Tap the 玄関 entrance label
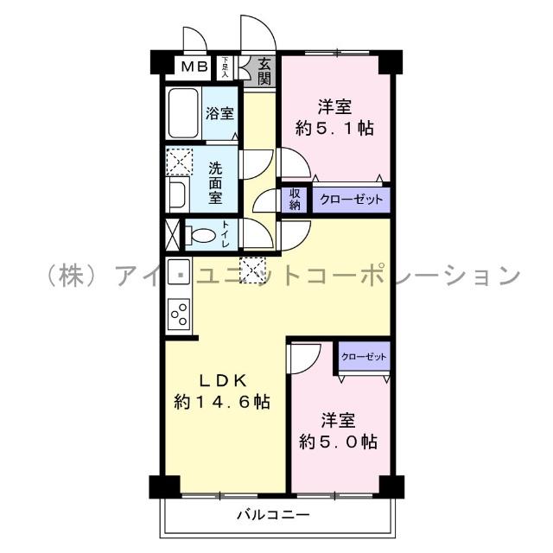(x=262, y=70)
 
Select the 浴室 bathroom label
(x=220, y=113)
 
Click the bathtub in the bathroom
(x=182, y=113)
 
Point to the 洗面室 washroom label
(x=215, y=182)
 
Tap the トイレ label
(x=226, y=234)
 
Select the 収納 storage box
(x=295, y=200)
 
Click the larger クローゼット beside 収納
(x=351, y=200)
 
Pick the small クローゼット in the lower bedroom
(x=364, y=356)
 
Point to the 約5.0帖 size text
(x=339, y=442)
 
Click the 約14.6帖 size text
(x=222, y=402)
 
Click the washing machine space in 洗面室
(x=181, y=162)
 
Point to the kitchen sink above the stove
(x=179, y=269)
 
